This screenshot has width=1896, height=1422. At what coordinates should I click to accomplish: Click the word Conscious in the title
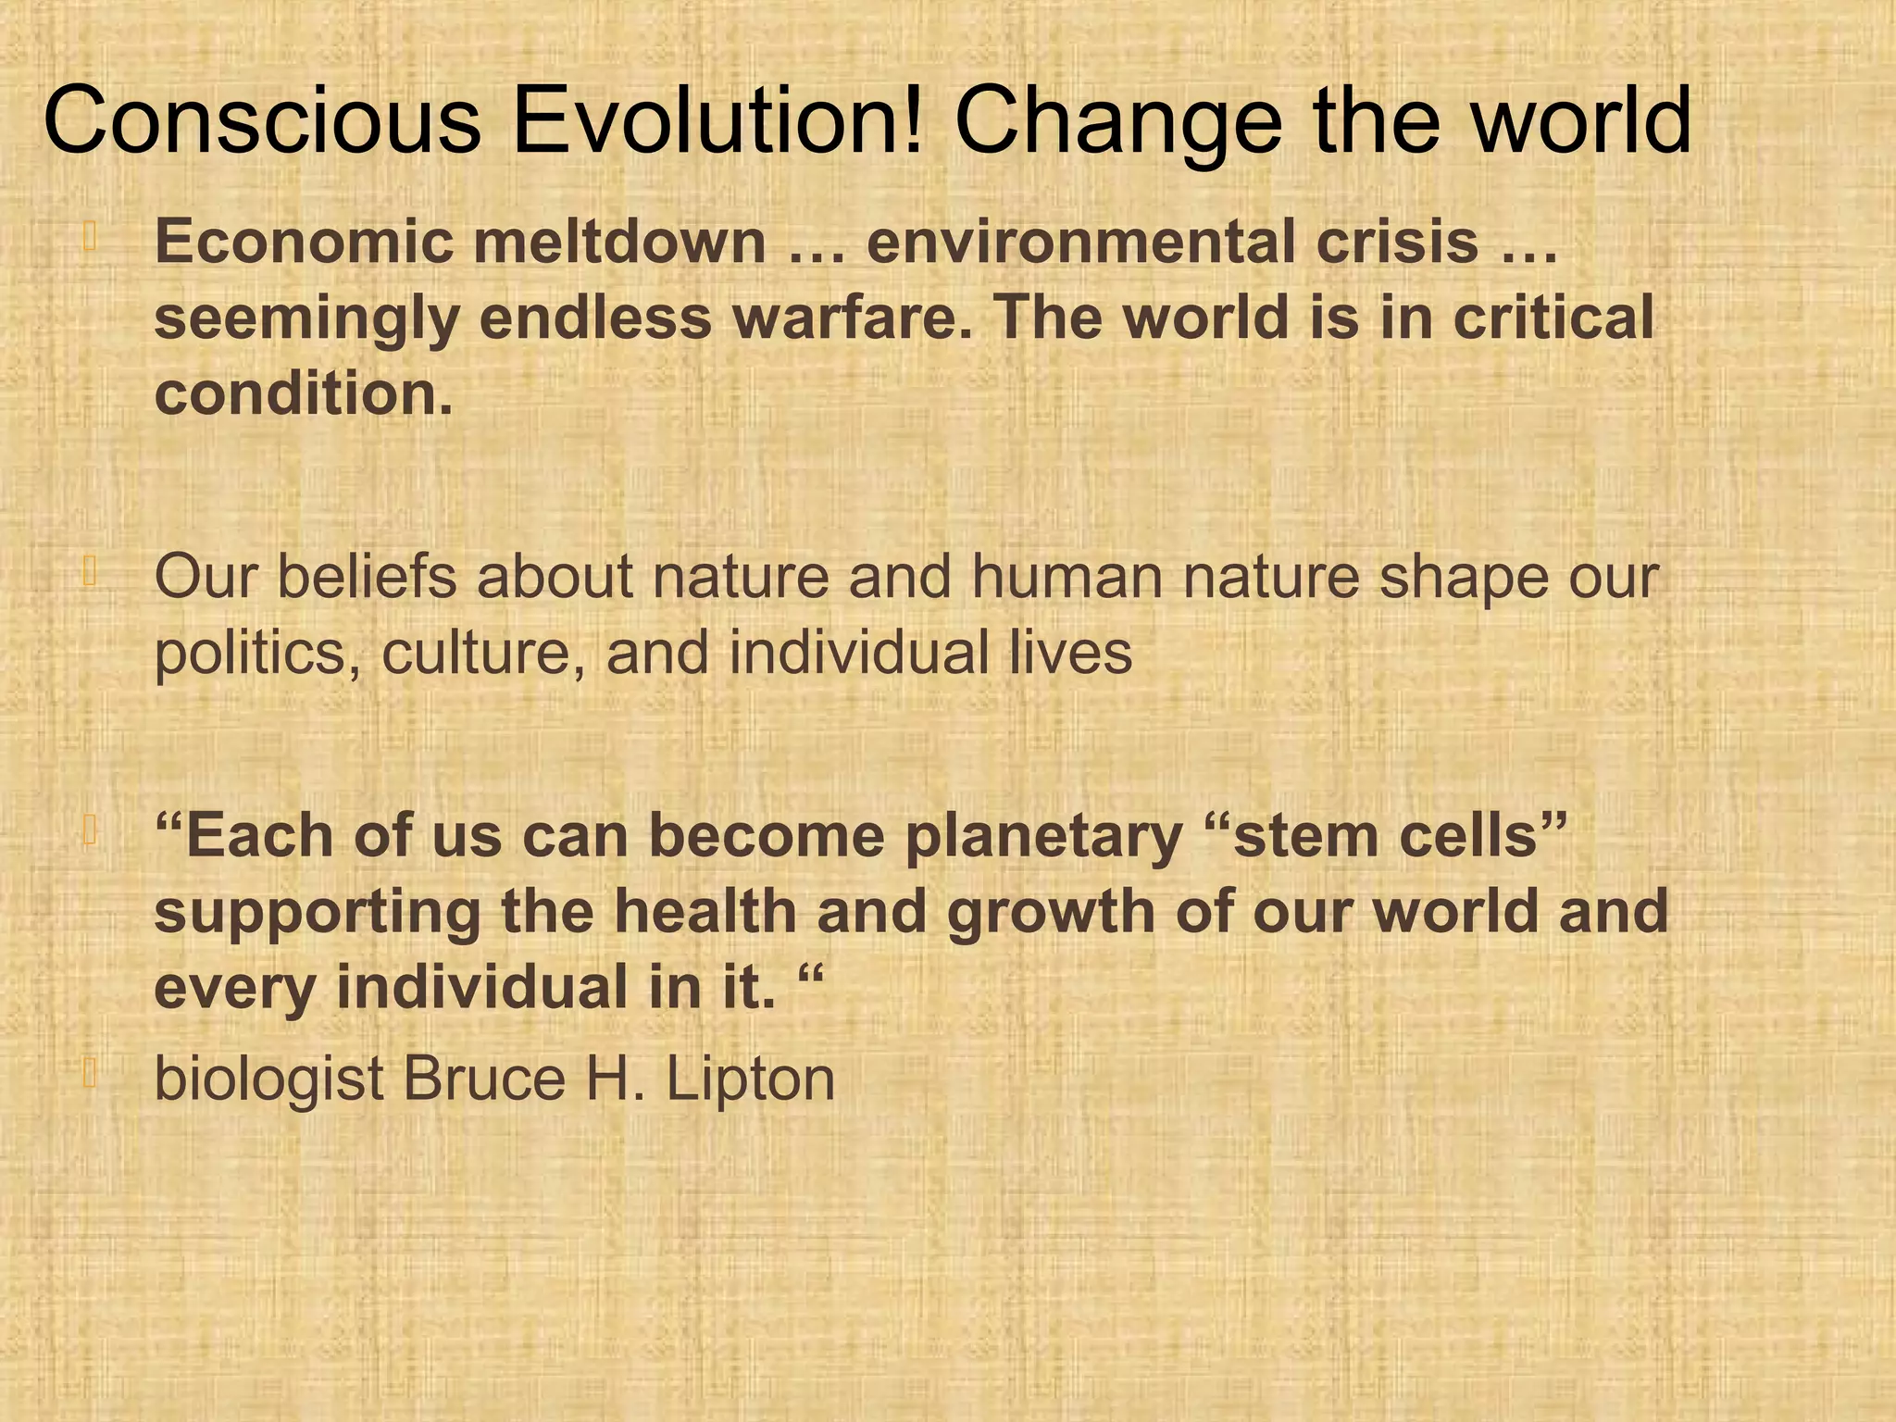click(x=262, y=121)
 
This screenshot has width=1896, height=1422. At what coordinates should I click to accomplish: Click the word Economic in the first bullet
click(x=305, y=243)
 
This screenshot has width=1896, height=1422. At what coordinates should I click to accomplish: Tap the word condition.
click(x=303, y=393)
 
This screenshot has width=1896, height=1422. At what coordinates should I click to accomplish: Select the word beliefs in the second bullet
click(x=367, y=577)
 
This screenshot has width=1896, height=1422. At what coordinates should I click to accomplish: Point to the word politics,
click(x=257, y=654)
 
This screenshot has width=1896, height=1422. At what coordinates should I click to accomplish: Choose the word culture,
click(x=483, y=654)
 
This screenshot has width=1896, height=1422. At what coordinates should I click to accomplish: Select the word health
click(x=705, y=912)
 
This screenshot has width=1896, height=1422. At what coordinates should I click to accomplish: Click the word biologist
click(x=268, y=1079)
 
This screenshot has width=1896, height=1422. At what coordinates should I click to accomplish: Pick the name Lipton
click(x=751, y=1079)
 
